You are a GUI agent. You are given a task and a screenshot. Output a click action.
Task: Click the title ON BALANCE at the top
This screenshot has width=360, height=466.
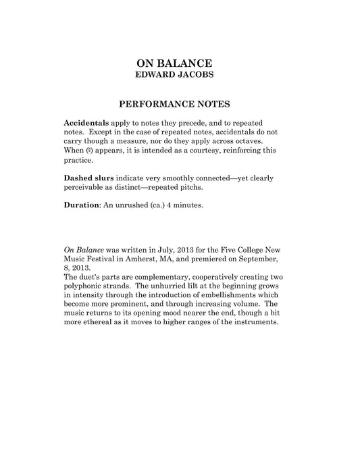coord(180,63)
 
